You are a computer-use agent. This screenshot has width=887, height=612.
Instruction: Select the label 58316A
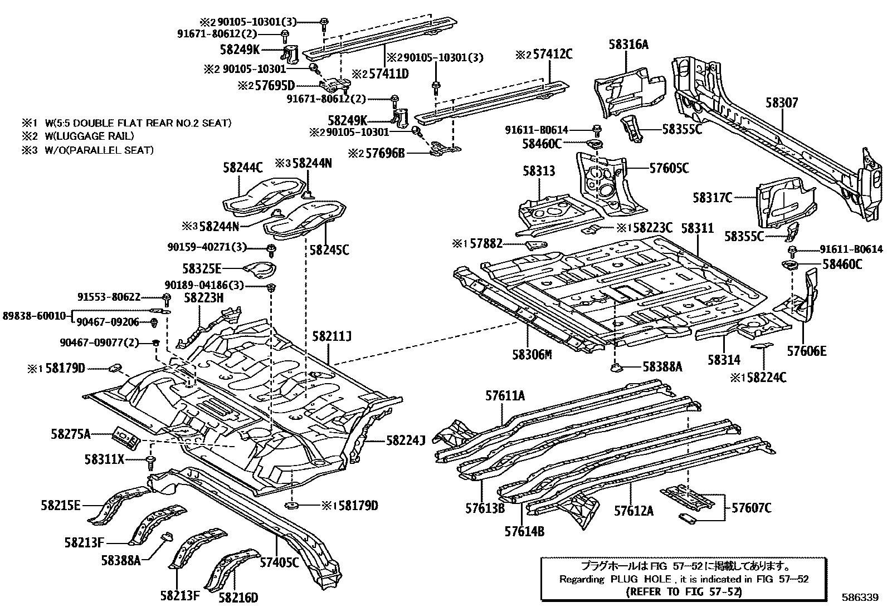pyautogui.click(x=628, y=45)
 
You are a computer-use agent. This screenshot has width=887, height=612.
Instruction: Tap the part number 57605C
pyautogui.click(x=669, y=168)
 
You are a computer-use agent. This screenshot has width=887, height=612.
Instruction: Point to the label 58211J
pyautogui.click(x=332, y=336)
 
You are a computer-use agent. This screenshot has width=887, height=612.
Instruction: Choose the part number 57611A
pyautogui.click(x=505, y=396)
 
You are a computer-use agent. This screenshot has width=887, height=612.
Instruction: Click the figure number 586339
pyautogui.click(x=861, y=596)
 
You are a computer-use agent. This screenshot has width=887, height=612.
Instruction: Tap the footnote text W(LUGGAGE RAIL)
pyautogui.click(x=89, y=136)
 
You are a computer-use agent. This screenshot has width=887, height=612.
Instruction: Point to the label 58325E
pyautogui.click(x=202, y=270)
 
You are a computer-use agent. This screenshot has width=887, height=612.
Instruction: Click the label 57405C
pyautogui.click(x=279, y=561)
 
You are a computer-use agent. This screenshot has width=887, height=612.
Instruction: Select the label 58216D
pyautogui.click(x=238, y=598)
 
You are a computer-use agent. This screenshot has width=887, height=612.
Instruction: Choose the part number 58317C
pyautogui.click(x=712, y=198)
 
